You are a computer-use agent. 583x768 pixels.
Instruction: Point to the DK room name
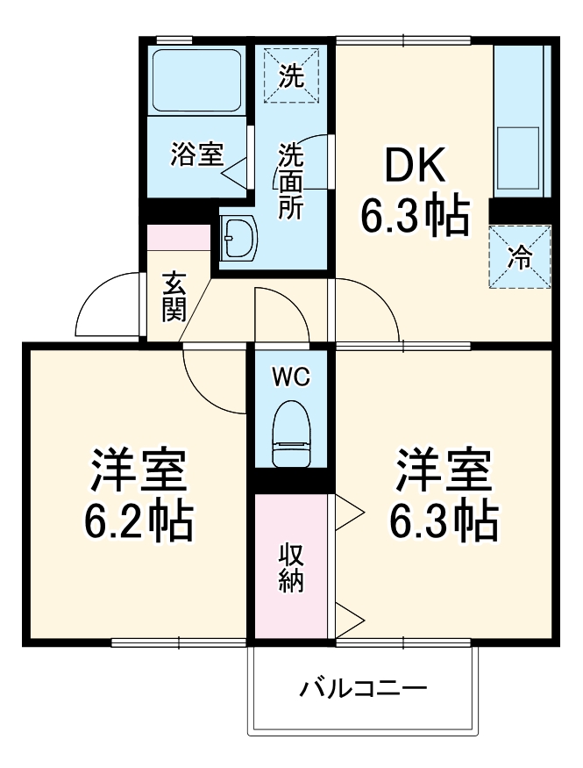click(x=412, y=165)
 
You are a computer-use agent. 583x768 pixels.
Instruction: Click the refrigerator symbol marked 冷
click(x=521, y=257)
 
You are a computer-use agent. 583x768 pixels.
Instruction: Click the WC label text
click(x=290, y=377)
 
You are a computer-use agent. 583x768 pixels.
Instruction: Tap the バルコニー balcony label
click(x=364, y=687)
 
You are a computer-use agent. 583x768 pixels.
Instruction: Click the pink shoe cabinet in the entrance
click(x=179, y=238)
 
